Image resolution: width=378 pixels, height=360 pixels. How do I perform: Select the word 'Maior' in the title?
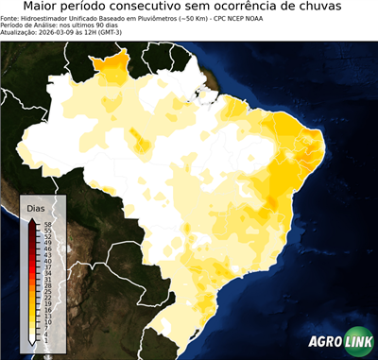(43, 8)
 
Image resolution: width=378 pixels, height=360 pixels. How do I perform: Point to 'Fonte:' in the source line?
(12, 18)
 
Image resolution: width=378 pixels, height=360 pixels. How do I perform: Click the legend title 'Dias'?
(36, 206)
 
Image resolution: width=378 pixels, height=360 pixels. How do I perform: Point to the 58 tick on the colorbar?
(47, 224)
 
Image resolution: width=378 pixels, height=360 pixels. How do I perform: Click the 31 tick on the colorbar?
(47, 278)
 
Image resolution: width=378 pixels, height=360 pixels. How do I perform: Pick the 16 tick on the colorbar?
(47, 308)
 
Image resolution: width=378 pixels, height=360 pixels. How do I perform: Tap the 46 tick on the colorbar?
(47, 248)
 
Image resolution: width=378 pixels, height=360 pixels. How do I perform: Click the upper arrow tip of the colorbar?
(32, 219)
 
